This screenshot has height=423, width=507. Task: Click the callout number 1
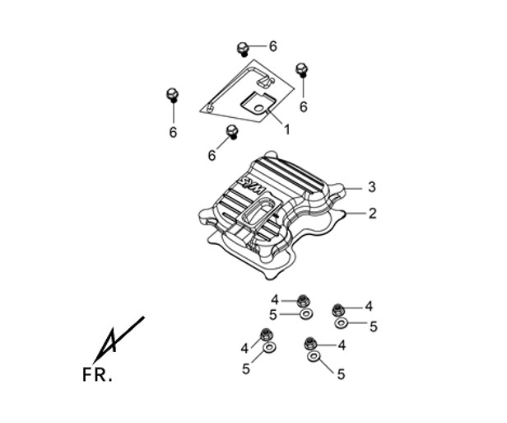[x=286, y=130]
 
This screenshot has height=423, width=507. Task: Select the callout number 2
[x=373, y=214]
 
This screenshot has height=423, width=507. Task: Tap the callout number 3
[x=372, y=187]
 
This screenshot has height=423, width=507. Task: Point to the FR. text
[x=97, y=374]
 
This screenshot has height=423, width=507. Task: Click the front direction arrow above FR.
[x=119, y=340]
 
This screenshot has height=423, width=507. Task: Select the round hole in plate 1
[x=258, y=109]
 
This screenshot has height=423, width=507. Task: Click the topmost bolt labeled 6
[x=243, y=49]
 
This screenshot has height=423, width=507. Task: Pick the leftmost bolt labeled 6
[x=172, y=95]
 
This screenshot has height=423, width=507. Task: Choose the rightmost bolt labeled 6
[x=302, y=69]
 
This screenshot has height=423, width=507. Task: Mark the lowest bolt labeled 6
[x=232, y=132]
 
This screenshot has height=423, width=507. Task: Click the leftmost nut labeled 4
[x=266, y=334]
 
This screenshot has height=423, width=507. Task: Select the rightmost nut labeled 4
[x=338, y=310]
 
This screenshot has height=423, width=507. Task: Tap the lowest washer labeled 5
[x=313, y=356]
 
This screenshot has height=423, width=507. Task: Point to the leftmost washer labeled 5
[x=269, y=347]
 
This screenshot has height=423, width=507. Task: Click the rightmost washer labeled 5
[x=341, y=323]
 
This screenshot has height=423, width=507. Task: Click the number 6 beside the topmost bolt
[x=273, y=47]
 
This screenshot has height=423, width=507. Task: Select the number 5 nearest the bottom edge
[x=341, y=374]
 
